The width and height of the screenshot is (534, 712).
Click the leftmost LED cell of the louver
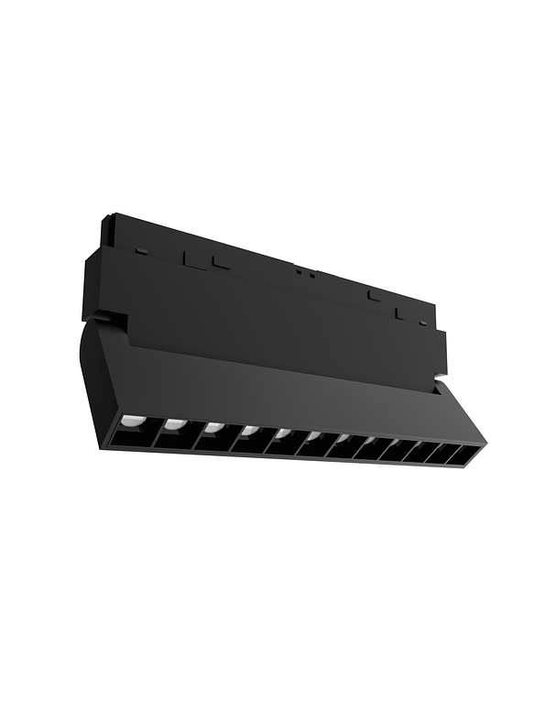pyautogui.click(x=136, y=428)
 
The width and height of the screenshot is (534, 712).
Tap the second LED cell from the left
pyautogui.click(x=173, y=433)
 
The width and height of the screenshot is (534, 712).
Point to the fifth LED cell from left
pyautogui.click(x=278, y=444)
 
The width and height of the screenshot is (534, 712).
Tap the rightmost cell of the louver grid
pyautogui.click(x=468, y=455)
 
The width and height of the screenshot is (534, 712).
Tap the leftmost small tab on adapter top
pyautogui.click(x=137, y=248)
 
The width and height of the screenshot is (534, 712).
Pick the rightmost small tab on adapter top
pyautogui.click(x=421, y=322)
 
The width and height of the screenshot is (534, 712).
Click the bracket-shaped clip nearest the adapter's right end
pyautogui.click(x=400, y=312)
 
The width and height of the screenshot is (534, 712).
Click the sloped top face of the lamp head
pyautogui.click(x=275, y=385)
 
